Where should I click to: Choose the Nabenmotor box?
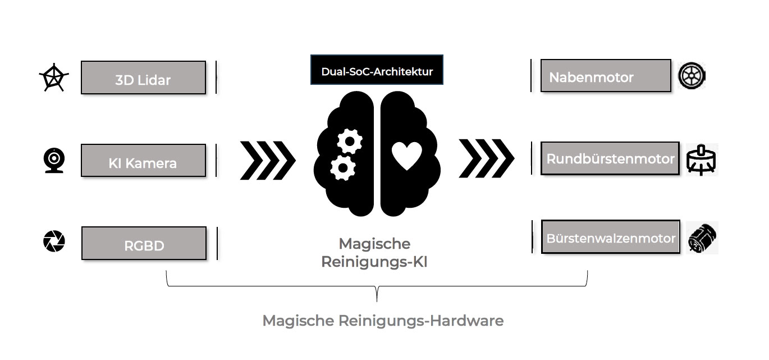(x=606, y=76)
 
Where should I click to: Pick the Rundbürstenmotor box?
(x=610, y=158)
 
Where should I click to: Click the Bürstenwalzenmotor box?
(x=611, y=237)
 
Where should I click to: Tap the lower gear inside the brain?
(x=342, y=167)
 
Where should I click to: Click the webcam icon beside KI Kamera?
(x=54, y=160)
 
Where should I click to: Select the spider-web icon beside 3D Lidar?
(x=54, y=79)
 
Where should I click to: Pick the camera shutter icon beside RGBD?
(x=54, y=241)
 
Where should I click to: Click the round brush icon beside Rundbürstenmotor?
(x=702, y=160)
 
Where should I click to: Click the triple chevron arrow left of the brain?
(x=268, y=160)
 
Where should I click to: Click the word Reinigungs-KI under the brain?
(x=374, y=262)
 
